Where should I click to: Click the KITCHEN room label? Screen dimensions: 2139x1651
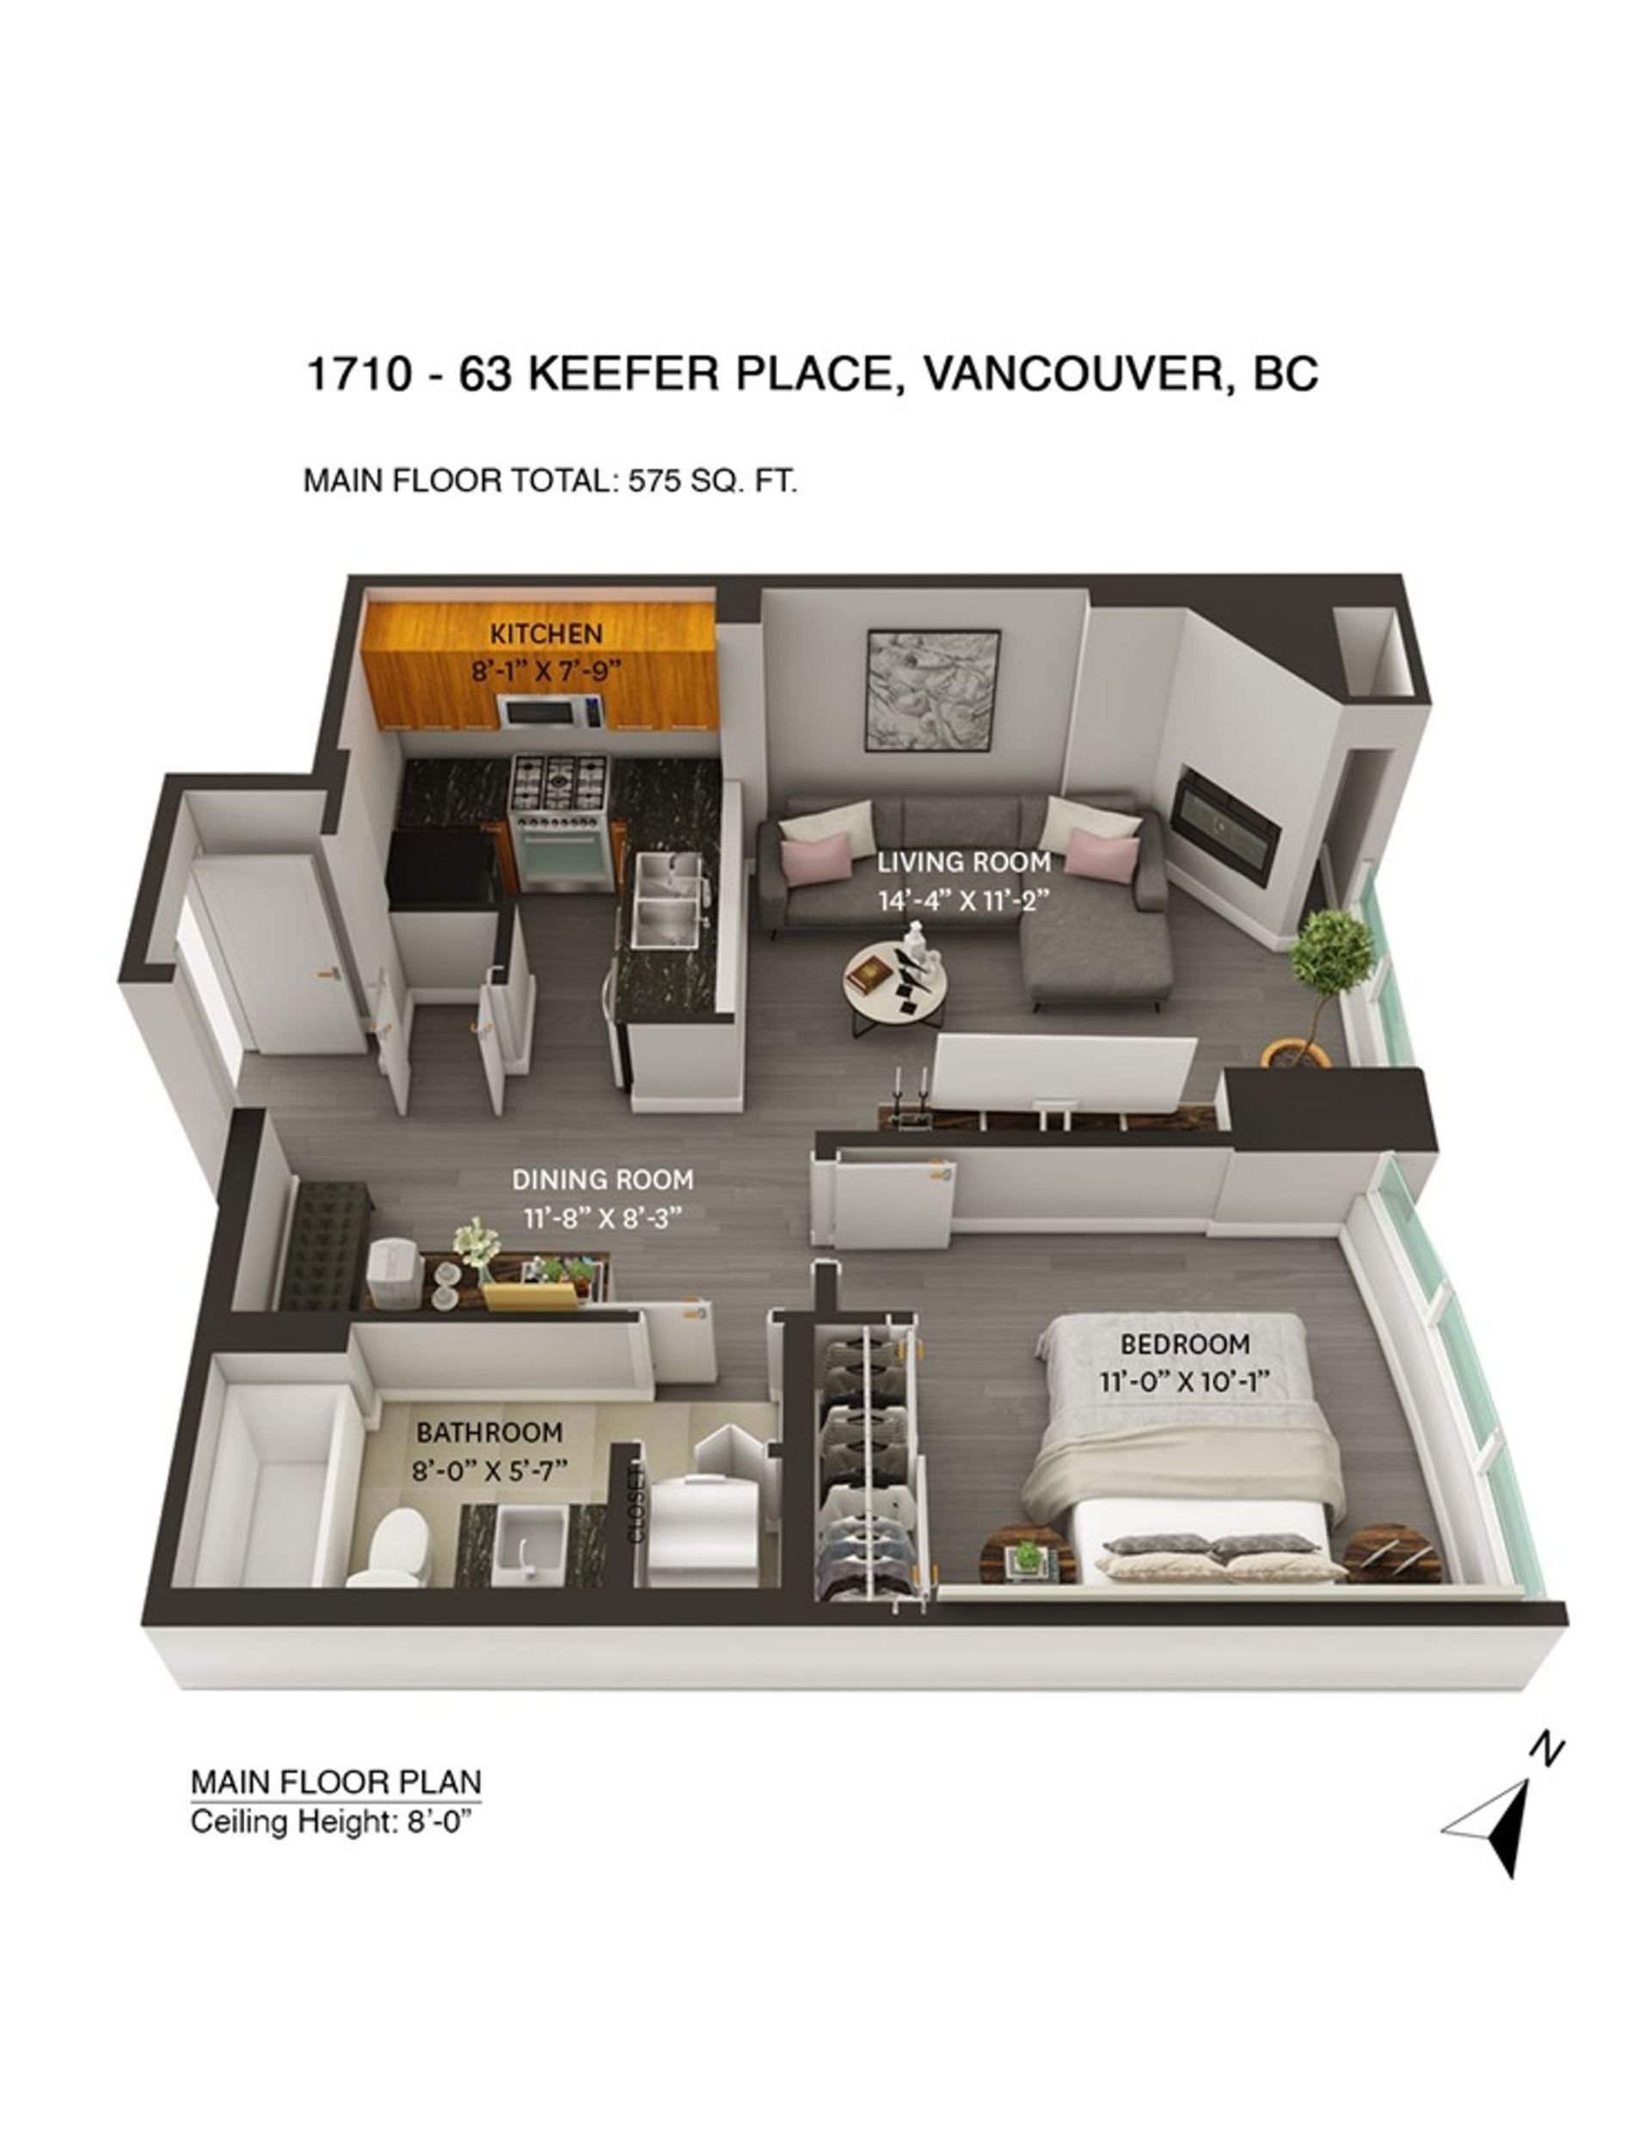pyautogui.click(x=545, y=634)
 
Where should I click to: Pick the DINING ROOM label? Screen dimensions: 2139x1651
pyautogui.click(x=602, y=1179)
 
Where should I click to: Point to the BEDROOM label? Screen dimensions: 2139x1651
pyautogui.click(x=1184, y=1343)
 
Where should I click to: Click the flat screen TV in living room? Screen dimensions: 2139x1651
pyautogui.click(x=1064, y=1074)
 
